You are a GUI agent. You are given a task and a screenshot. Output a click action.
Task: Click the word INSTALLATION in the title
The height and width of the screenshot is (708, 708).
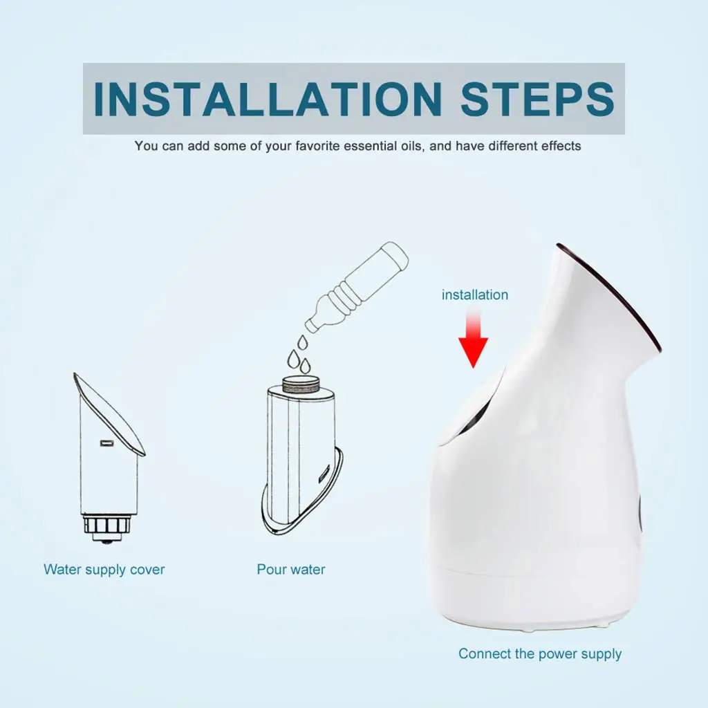pos(268,99)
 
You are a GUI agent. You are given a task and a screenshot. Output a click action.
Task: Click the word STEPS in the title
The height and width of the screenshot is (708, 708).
pos(537,99)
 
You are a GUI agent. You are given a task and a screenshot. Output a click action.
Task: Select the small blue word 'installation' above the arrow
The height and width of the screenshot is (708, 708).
pos(475,295)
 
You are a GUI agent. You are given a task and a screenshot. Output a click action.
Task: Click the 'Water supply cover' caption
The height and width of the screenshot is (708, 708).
pos(104,570)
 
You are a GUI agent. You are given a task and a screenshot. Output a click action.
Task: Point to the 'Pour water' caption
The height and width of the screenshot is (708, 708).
pos(291,570)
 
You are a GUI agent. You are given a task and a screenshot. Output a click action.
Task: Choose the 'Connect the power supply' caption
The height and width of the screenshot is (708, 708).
pos(540,654)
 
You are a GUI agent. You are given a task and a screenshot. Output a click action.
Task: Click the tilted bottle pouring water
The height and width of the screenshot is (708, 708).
pos(357,286)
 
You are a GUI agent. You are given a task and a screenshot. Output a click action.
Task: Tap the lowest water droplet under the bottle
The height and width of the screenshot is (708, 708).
pos(306,366)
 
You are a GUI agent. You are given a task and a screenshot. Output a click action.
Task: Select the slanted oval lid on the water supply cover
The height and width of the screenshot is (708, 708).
pos(110,413)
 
